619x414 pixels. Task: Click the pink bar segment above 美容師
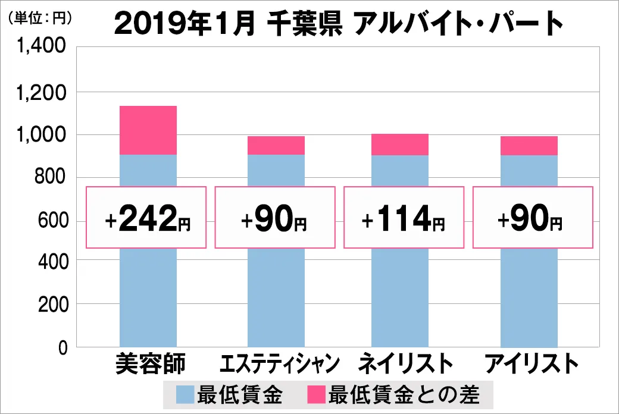click(x=148, y=130)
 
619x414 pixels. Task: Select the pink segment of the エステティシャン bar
click(x=276, y=146)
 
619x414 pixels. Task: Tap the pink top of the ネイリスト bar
click(x=399, y=145)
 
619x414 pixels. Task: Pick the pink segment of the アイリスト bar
click(x=529, y=146)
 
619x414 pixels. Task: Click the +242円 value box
click(x=146, y=218)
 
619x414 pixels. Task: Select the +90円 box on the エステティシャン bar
click(x=274, y=218)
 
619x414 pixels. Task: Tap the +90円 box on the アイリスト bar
click(x=532, y=218)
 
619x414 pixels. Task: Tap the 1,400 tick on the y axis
click(x=41, y=48)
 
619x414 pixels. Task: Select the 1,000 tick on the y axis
click(x=41, y=135)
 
